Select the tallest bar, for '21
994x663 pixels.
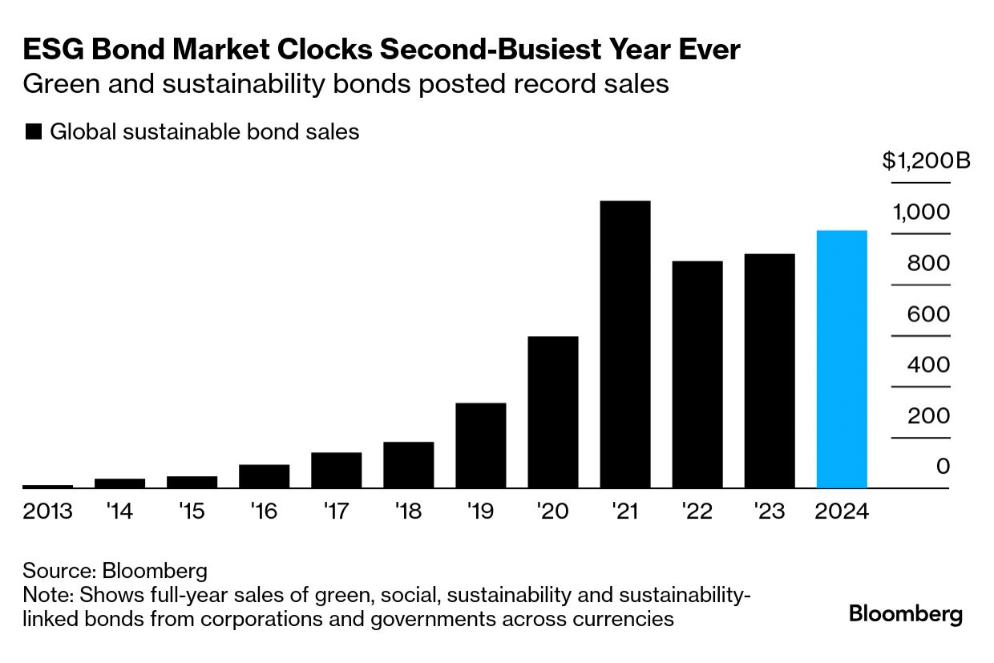click(624, 344)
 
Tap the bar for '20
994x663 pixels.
click(552, 412)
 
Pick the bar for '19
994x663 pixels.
click(480, 445)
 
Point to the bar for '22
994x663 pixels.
click(697, 374)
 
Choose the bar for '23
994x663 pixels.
click(769, 370)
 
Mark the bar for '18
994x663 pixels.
click(408, 465)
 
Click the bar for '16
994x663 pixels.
click(264, 476)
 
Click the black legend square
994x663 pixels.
click(34, 132)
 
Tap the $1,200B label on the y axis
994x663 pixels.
click(927, 161)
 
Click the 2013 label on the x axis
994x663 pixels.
click(47, 511)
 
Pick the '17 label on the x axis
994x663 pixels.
click(336, 511)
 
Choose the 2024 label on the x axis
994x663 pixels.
click(841, 511)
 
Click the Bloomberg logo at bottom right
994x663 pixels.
click(905, 615)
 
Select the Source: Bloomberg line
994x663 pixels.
click(115, 571)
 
